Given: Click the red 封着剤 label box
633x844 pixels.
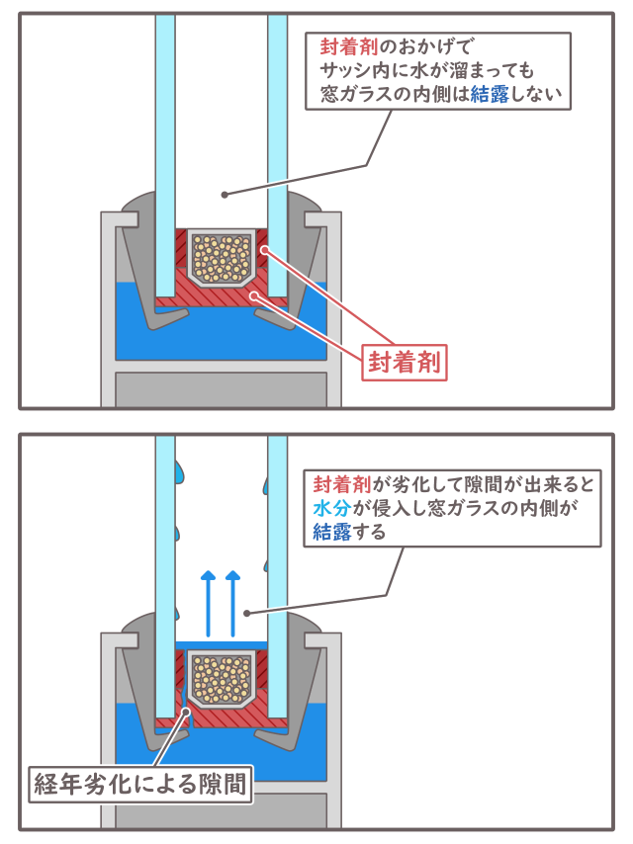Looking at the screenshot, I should (x=403, y=360).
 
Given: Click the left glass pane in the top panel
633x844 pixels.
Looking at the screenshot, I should (x=165, y=148).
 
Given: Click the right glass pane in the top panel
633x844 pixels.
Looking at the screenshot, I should (x=278, y=148).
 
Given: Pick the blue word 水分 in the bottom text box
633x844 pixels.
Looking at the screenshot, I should (x=327, y=508).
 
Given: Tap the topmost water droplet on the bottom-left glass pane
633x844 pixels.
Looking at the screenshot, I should (x=180, y=470).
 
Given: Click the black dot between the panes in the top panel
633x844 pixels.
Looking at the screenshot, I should (x=225, y=194).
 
